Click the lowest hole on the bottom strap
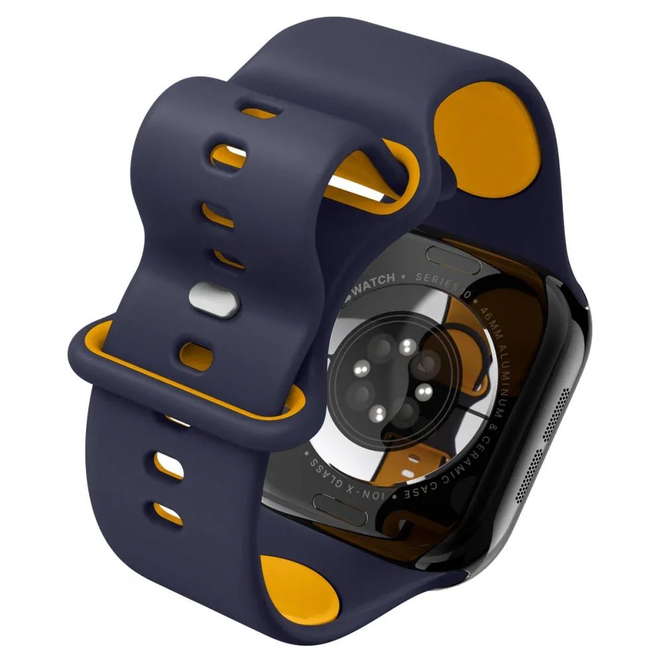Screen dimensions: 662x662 168,511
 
